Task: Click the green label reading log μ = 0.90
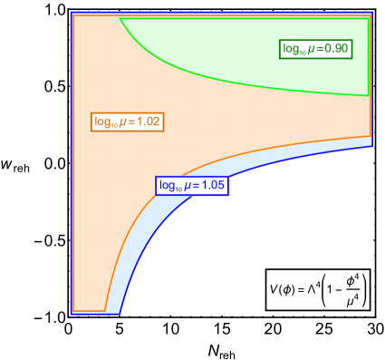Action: pos(315,49)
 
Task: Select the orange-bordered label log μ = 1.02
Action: pos(128,122)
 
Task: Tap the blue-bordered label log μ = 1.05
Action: pos(191,186)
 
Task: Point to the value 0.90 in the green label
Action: pos(337,49)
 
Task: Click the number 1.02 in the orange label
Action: pos(149,122)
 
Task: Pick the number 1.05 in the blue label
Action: pos(213,186)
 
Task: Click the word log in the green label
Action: pos(289,49)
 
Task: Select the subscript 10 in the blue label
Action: pos(176,189)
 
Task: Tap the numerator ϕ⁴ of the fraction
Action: pos(352,281)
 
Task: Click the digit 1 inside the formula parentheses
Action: pos(330,290)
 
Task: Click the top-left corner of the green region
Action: pos(120,19)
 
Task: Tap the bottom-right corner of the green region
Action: pos(368,94)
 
